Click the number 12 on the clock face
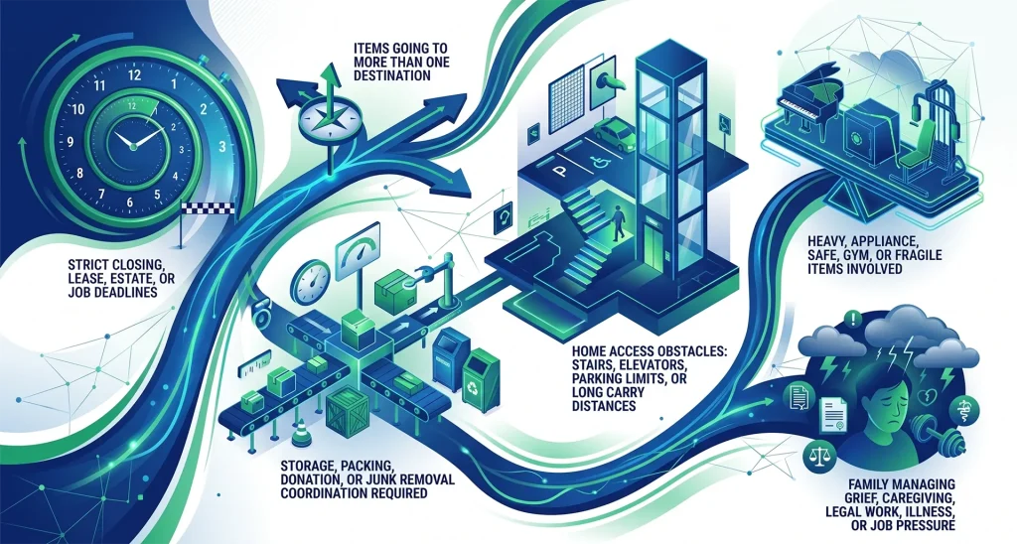(x=135, y=73)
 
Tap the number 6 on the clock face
(x=130, y=203)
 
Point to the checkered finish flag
(x=203, y=208)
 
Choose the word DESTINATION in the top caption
(x=391, y=75)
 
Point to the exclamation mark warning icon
(x=854, y=318)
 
